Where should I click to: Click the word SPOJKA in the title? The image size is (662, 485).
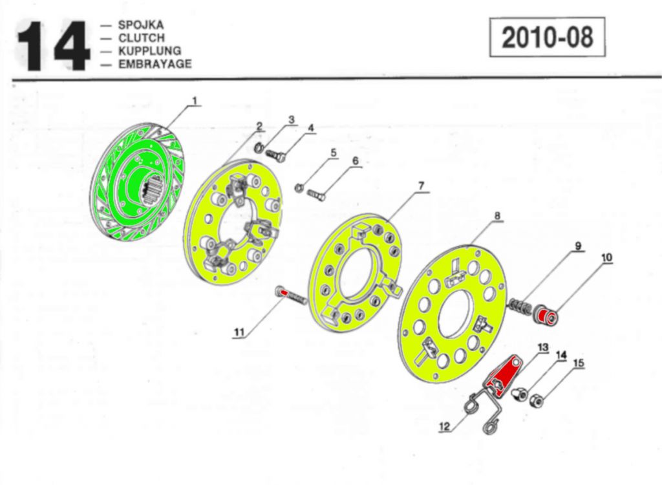tap(141, 25)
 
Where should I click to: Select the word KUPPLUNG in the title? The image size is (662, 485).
tap(149, 51)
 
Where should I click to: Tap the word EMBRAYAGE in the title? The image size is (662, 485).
tap(155, 64)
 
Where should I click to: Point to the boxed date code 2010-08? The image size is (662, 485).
tap(547, 38)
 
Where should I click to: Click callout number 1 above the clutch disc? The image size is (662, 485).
tap(193, 101)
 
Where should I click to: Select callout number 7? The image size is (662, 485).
tap(421, 186)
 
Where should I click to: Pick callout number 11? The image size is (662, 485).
tap(240, 333)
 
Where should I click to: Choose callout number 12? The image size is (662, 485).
tap(444, 426)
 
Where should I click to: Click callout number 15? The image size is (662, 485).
tap(579, 363)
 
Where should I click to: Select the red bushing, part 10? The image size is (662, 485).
tap(548, 317)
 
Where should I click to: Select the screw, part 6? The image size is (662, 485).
tap(316, 192)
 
